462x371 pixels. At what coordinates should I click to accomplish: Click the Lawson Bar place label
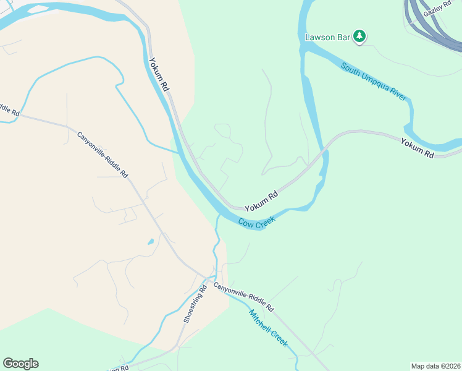[x=327, y=37]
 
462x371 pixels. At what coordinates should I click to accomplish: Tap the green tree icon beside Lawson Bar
[x=359, y=37]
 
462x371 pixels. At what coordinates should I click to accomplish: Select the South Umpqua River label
[x=373, y=81]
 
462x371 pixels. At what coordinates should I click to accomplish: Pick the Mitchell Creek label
[x=268, y=328]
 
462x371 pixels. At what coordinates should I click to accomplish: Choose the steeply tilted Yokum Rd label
[x=159, y=75]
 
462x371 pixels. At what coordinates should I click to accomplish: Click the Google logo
[x=20, y=364]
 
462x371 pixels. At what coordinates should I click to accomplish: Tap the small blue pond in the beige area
[x=151, y=241]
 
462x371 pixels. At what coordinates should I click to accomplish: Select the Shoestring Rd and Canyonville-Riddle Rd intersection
[x=207, y=278]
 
